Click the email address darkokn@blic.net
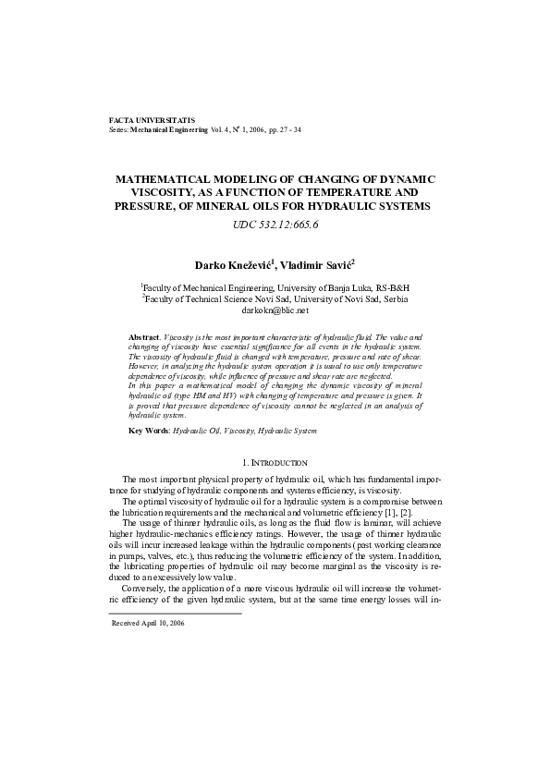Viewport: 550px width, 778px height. coord(275,311)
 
